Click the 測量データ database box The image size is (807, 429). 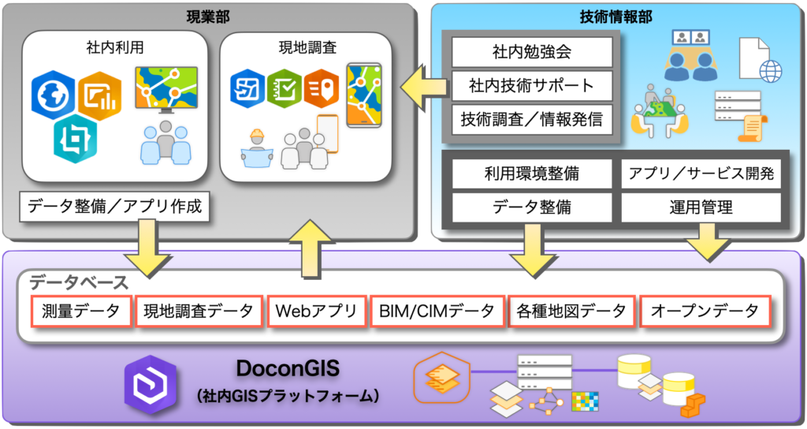pos(80,311)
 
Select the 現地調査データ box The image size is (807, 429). pos(198,311)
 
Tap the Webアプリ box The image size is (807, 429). pos(315,311)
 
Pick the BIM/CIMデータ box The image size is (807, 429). pos(436,311)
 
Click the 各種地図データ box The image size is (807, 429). pos(571,311)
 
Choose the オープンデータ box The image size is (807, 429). pos(703,311)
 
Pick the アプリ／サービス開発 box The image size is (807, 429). pos(701,173)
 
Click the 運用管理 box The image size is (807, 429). pos(701,207)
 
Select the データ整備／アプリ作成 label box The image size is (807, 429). pos(115,207)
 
